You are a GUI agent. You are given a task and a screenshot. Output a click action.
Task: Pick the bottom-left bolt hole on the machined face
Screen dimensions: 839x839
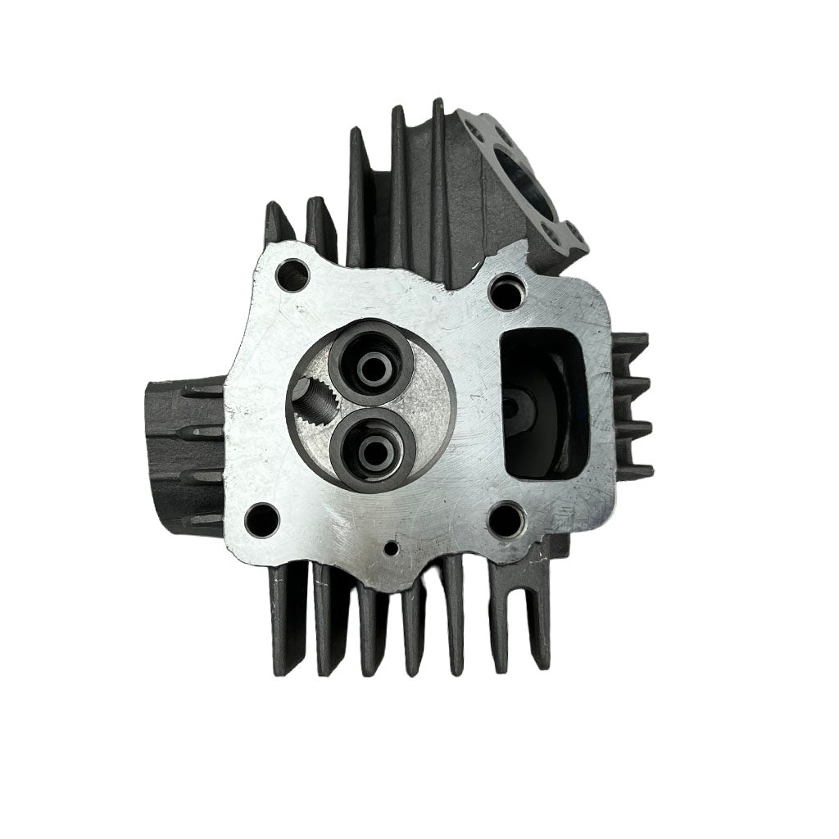pyautogui.click(x=263, y=519)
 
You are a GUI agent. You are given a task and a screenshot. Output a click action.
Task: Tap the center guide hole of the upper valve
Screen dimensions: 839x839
pyautogui.click(x=370, y=365)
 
